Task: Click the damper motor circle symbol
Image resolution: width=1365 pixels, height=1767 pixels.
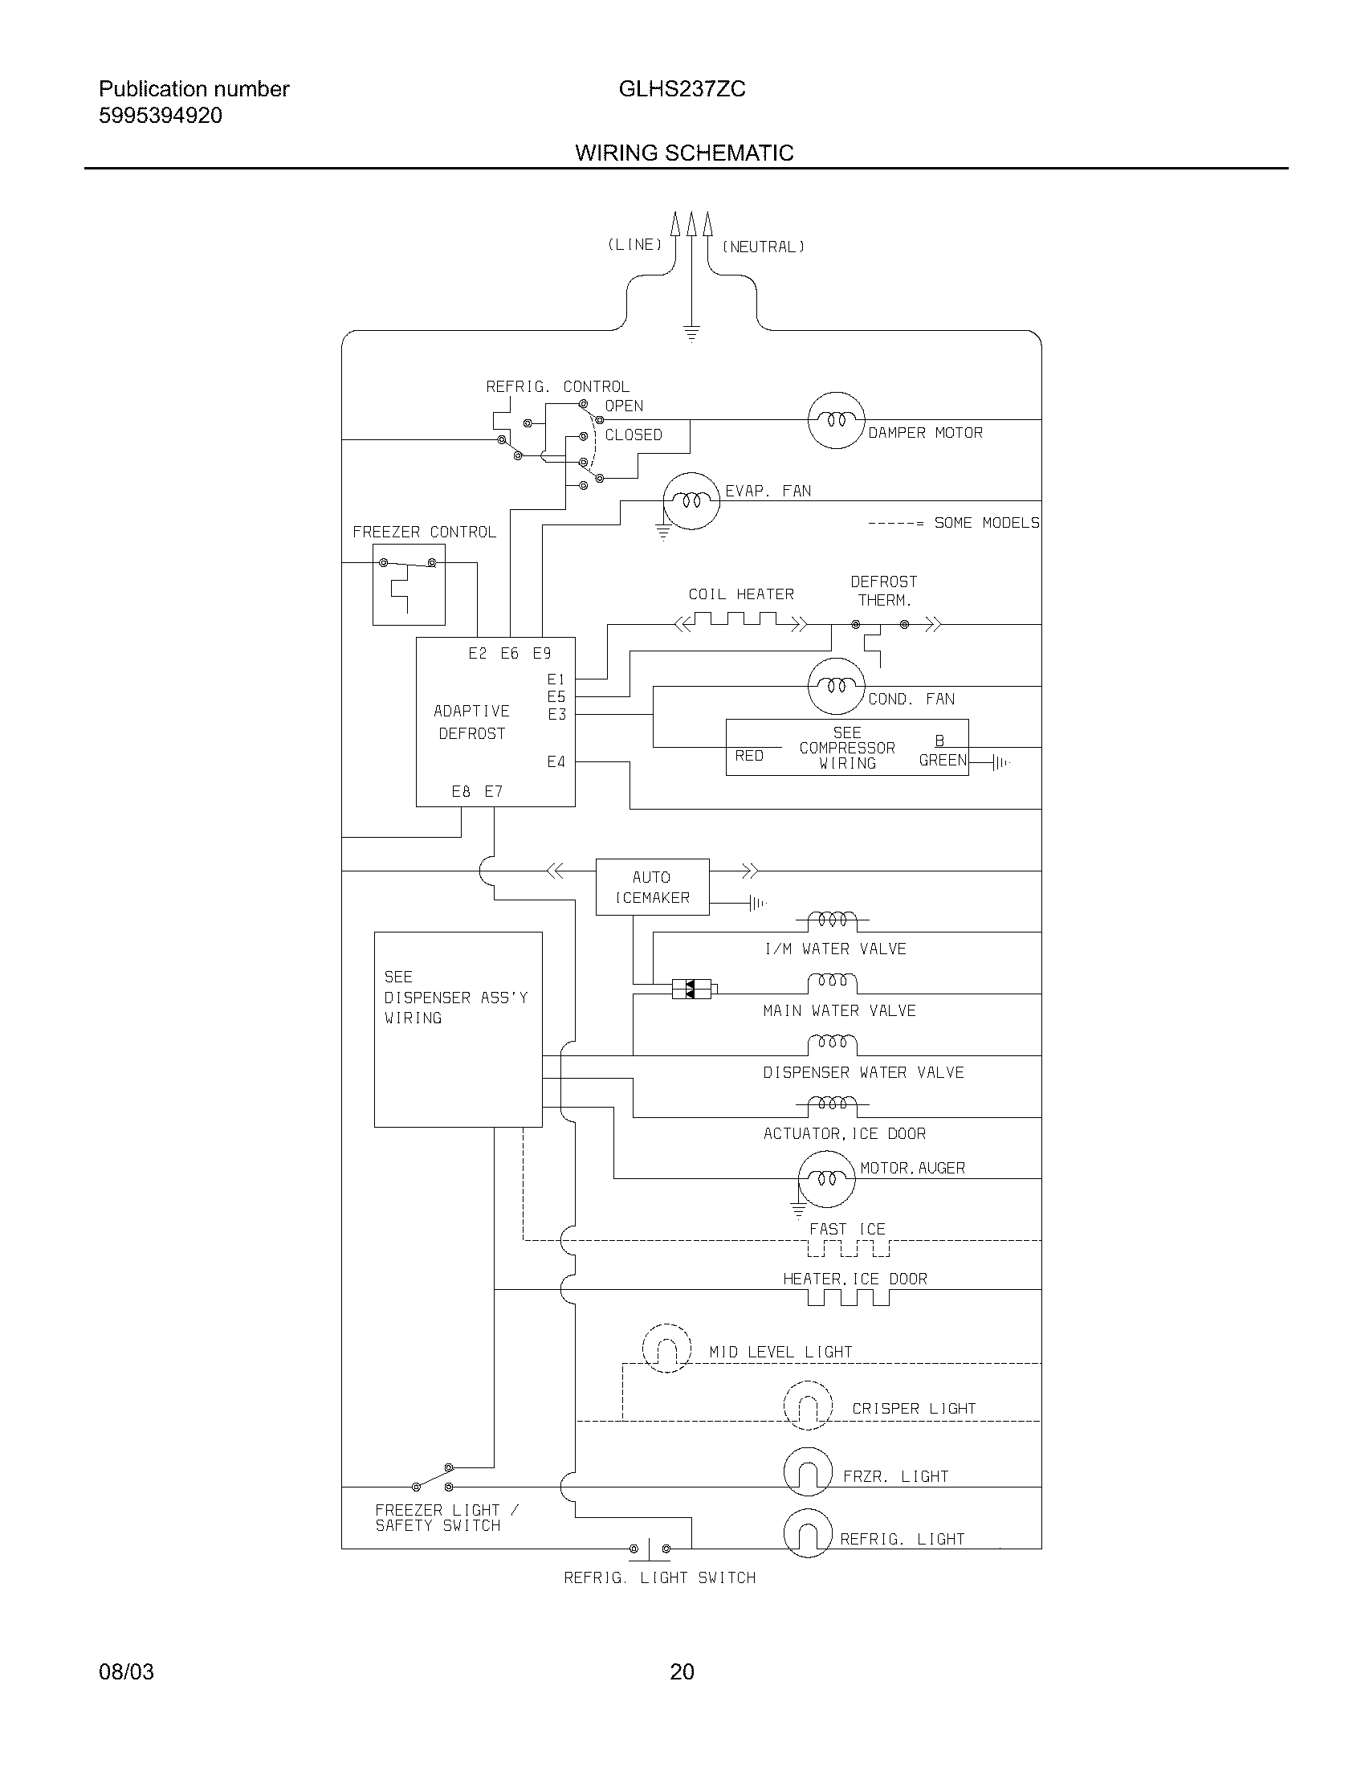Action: pos(836,420)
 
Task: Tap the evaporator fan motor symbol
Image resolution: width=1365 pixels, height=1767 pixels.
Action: pos(691,501)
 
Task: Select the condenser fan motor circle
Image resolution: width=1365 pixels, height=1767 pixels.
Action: pos(836,686)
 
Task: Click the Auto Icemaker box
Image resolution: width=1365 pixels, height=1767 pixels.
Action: pos(652,887)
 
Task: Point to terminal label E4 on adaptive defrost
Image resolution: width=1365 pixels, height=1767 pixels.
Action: pos(556,761)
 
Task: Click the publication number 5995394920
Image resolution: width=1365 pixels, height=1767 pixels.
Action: pos(160,116)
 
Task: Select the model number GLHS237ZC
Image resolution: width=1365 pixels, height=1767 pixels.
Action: pos(682,89)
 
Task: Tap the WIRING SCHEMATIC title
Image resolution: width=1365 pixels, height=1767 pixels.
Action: pos(684,153)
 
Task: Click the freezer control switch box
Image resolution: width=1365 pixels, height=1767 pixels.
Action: pos(409,584)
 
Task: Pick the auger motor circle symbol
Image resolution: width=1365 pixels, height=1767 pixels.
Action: pos(825,1179)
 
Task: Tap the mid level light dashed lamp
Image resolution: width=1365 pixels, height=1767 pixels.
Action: pos(666,1348)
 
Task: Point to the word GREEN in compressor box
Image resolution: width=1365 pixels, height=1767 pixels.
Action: pos(942,760)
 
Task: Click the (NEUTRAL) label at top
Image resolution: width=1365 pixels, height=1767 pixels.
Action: pos(764,247)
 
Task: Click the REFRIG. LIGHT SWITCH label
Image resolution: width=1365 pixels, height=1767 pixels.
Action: pos(659,1577)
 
